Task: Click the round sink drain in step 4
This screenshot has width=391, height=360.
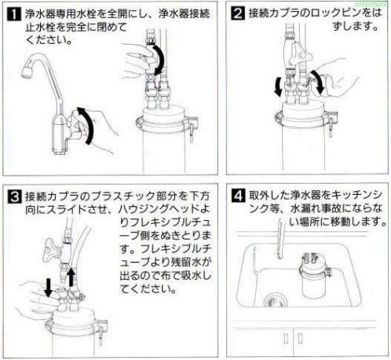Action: pyautogui.click(x=272, y=302)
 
